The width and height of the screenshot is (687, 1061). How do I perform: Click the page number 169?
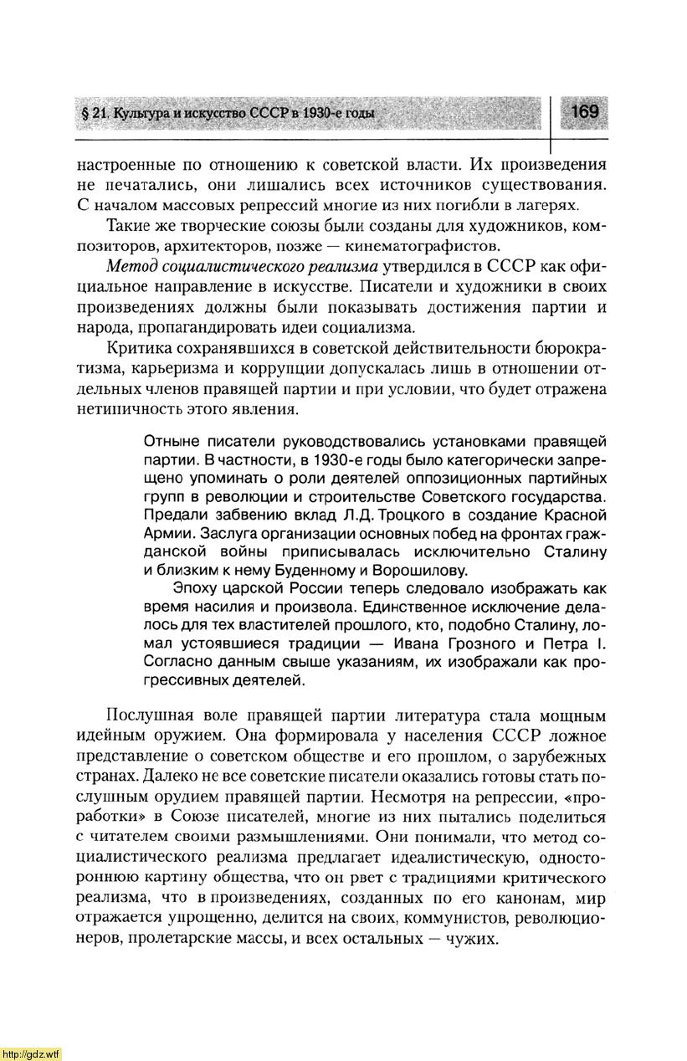[585, 111]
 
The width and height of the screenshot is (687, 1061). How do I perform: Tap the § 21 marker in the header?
[95, 114]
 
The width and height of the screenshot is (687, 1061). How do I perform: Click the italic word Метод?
[131, 267]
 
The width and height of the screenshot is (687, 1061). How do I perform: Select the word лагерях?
[546, 205]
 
